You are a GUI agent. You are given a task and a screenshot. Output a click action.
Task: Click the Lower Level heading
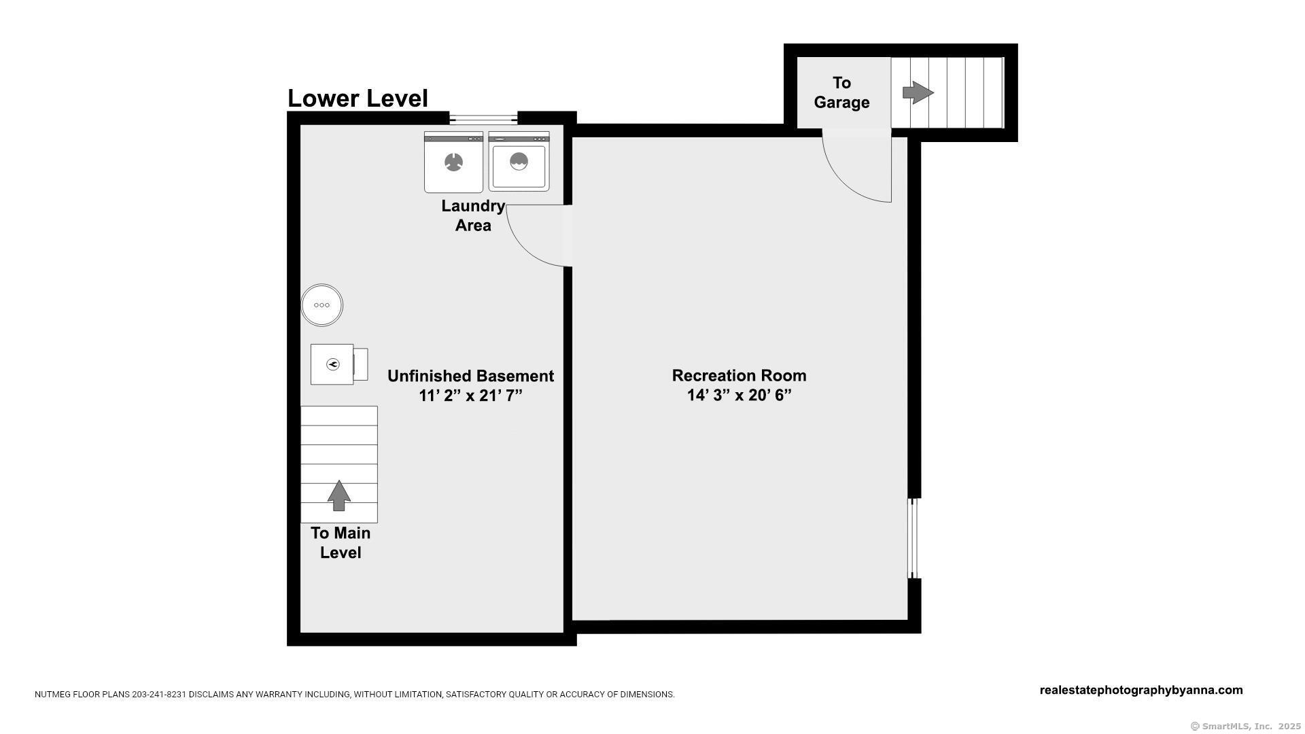tap(358, 99)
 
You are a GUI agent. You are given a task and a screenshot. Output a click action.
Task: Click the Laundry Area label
tap(473, 215)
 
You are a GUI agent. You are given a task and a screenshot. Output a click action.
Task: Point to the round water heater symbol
tap(322, 305)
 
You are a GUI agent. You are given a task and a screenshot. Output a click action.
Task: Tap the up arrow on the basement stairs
tap(339, 495)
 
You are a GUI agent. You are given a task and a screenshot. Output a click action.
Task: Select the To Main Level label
tap(341, 543)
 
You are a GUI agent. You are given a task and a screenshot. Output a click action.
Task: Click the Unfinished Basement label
tap(470, 376)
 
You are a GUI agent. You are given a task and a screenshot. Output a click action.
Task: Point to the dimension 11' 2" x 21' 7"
tap(470, 396)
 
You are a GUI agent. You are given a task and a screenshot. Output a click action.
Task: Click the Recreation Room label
tap(739, 376)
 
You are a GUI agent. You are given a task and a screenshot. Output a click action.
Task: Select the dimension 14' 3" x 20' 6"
tap(739, 396)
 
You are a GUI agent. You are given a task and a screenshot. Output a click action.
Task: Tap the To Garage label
tap(842, 92)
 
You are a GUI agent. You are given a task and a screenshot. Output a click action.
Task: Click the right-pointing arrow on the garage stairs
tap(918, 92)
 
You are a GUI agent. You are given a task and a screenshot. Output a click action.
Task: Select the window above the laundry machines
tap(483, 118)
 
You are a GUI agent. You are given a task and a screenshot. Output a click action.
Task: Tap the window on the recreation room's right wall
tap(914, 538)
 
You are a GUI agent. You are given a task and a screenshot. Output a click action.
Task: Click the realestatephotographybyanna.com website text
tap(1141, 691)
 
